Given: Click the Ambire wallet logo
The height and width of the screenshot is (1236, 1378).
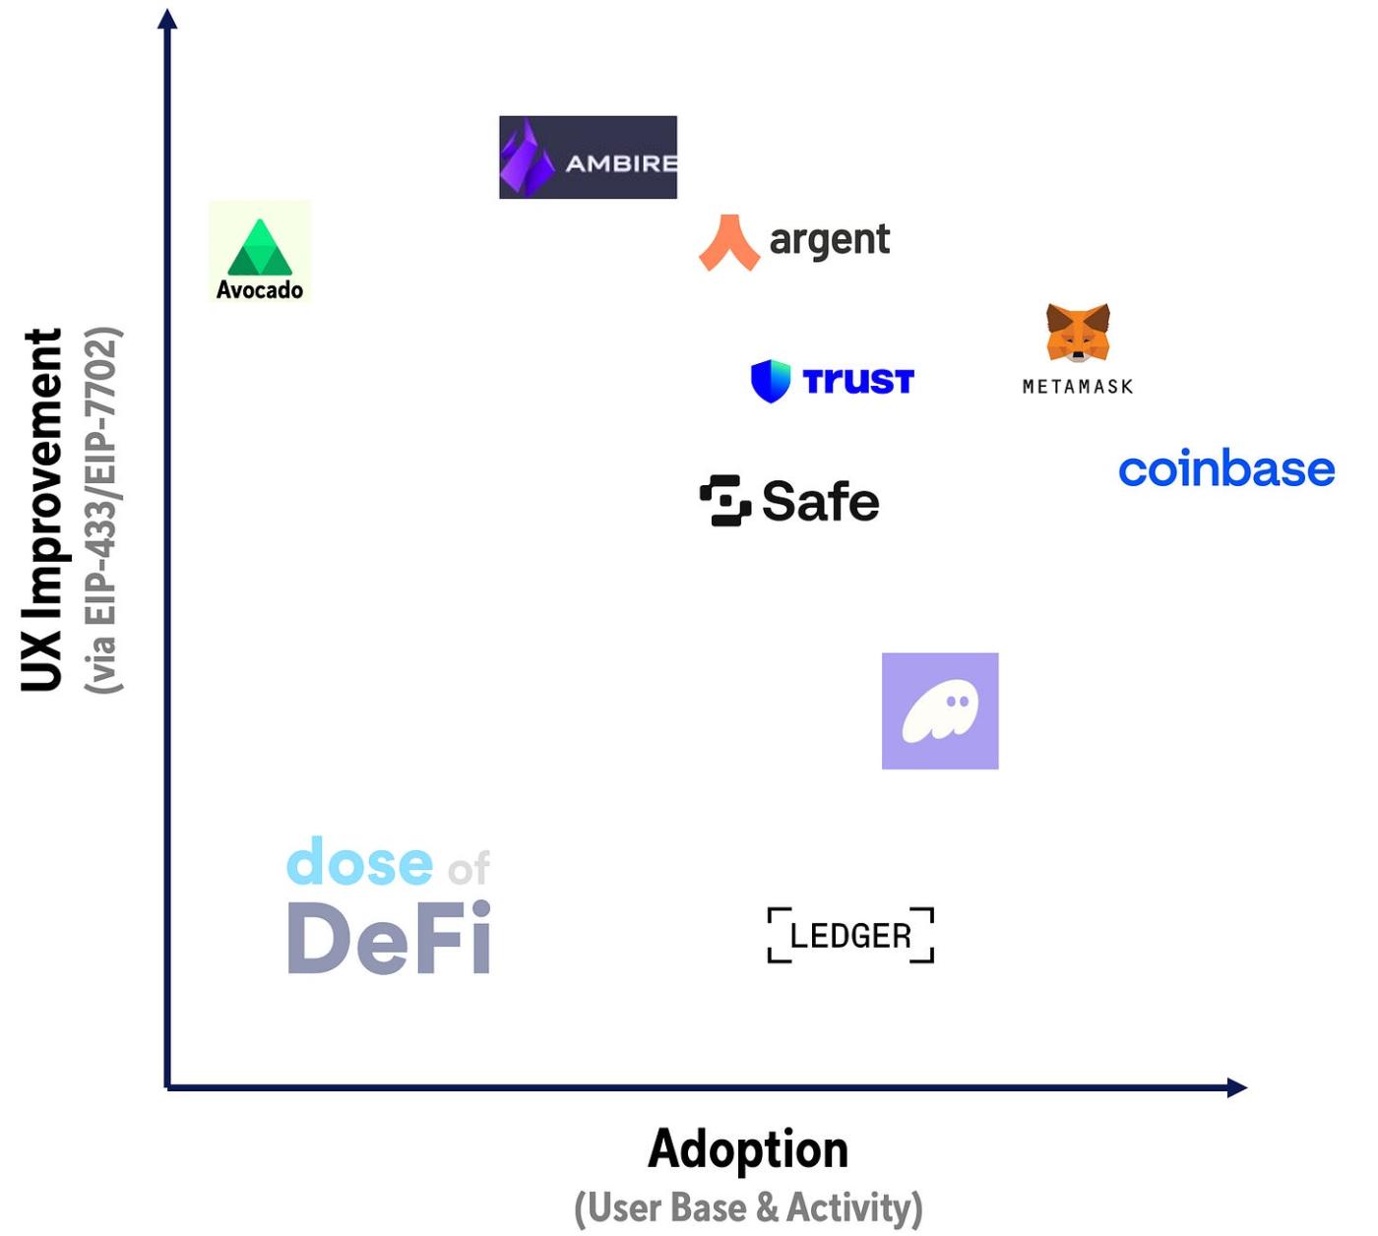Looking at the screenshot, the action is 588,157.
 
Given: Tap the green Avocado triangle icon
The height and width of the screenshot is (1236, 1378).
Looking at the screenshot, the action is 260,247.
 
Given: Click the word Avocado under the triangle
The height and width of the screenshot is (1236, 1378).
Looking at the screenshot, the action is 260,289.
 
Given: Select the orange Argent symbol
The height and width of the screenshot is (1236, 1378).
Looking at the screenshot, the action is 729,243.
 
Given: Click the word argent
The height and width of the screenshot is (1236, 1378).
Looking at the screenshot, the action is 829,241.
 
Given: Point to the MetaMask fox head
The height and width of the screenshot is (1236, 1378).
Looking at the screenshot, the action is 1078,333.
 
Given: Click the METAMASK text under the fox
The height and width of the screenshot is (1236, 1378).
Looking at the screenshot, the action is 1078,387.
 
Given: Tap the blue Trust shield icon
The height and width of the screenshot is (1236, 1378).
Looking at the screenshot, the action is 771,381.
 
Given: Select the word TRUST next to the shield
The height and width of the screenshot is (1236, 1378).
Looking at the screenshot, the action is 858,382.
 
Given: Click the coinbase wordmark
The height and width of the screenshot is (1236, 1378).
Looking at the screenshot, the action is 1226,468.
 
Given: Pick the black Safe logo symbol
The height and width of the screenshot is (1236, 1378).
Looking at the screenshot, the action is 725,501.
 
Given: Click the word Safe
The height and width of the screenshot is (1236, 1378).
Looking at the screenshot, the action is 820,501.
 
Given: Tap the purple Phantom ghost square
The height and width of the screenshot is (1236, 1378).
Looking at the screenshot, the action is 940,711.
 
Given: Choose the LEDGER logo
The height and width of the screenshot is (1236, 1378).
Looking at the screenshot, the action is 850,935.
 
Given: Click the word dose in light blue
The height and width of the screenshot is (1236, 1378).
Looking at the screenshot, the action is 360,861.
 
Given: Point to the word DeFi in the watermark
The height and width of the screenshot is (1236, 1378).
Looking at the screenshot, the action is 389,938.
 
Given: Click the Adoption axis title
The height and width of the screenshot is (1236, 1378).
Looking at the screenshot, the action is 748,1149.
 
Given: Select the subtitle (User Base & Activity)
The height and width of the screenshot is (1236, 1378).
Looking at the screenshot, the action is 748,1208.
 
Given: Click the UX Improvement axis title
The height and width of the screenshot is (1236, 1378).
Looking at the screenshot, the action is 42,510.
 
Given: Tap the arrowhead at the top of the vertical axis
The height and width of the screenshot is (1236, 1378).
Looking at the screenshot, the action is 167,19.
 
